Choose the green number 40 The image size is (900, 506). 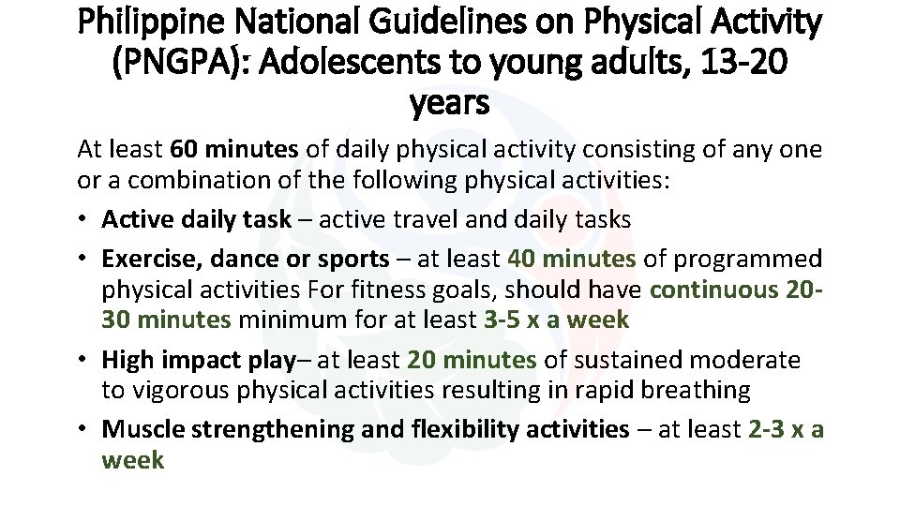(x=521, y=259)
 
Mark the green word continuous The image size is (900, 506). (x=712, y=290)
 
